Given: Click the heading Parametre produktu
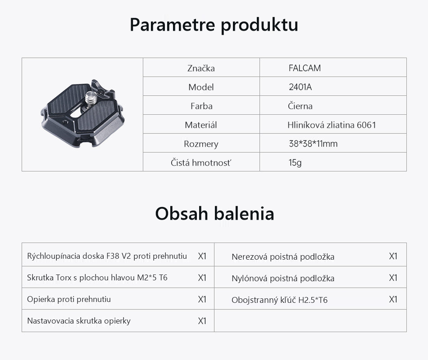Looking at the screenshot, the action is pos(214,25).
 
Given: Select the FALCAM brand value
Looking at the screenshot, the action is pos(305,68).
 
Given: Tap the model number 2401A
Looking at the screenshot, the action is pos(300,87).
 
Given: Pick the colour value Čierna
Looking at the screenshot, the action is pos(300,106).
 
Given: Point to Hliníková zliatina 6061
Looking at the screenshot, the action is pos(332,125).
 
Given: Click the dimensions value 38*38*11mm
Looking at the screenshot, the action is pos(313,144).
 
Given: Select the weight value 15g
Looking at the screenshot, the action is pos(295,163).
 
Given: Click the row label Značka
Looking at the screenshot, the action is pos(201,68).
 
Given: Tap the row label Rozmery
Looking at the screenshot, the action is pos(201,144).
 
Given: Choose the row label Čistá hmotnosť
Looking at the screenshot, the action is pos(201,163).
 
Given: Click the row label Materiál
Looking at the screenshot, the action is pos(201,125).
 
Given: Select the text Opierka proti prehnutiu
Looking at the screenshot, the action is pos(69,299).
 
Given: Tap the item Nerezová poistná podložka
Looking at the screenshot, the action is pos(283,256).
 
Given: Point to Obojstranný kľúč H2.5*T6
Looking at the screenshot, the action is pos(279,300).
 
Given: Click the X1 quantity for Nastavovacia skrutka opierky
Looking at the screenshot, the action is pos(202,321).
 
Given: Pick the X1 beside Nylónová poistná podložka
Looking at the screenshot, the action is pos(393,278).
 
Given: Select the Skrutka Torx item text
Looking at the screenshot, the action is pos(97,278).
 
